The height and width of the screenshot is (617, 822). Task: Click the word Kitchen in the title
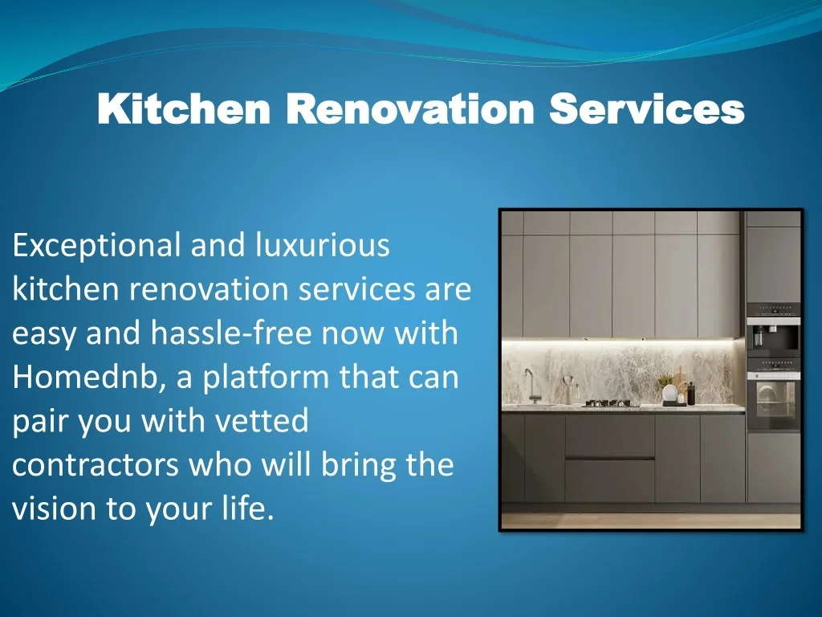[x=184, y=108]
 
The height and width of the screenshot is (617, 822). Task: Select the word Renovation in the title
[x=410, y=108]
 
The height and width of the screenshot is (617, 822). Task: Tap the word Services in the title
[x=647, y=108]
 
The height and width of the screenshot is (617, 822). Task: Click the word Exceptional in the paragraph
[x=96, y=246]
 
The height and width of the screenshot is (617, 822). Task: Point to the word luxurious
[x=323, y=244]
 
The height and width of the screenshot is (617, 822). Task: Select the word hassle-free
[x=231, y=333]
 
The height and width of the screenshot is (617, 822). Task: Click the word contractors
[x=96, y=465]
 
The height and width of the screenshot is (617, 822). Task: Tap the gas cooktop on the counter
[x=610, y=403]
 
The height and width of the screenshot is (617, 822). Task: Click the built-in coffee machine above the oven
[x=773, y=335]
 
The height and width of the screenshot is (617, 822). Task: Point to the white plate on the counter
[x=669, y=393]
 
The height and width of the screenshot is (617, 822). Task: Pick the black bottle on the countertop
[x=691, y=394]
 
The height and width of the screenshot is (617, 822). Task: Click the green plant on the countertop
[x=665, y=380]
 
